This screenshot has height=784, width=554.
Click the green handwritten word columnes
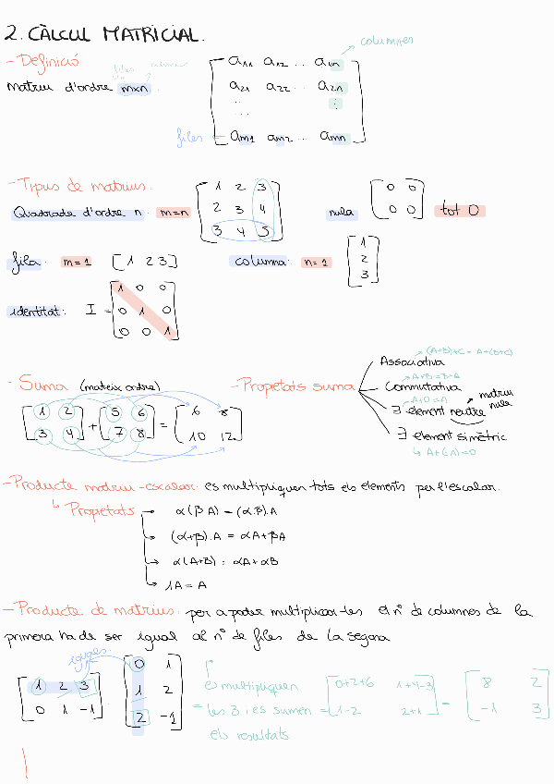tap(387, 41)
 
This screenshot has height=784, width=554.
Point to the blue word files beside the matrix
tap(188, 138)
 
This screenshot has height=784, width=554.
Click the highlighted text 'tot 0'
tap(459, 211)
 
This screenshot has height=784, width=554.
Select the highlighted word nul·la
tap(342, 213)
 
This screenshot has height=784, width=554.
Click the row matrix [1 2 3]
tap(144, 262)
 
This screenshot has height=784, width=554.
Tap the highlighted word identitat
tap(37, 312)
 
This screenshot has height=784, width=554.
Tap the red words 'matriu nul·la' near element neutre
tap(496, 399)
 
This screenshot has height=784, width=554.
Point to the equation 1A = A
tap(189, 583)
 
